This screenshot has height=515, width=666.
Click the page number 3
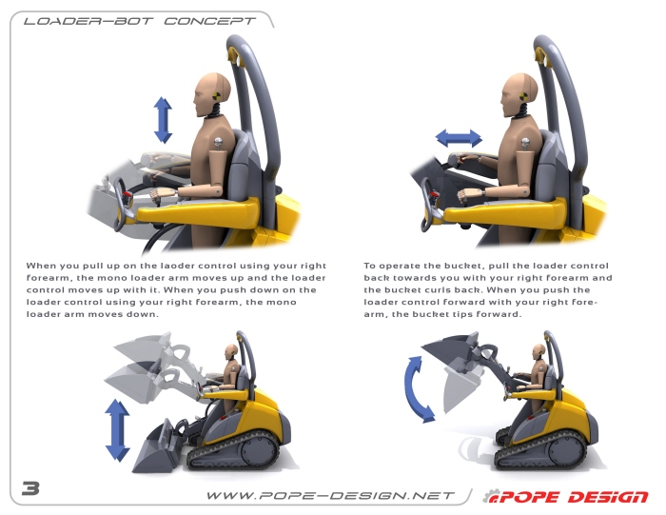(30, 488)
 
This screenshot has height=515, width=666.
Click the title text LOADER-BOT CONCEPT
(139, 19)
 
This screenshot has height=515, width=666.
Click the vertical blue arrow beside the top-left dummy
(163, 120)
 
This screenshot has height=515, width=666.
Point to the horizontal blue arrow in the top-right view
(459, 138)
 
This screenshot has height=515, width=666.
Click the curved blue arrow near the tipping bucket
(419, 387)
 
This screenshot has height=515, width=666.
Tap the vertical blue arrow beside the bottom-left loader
(117, 430)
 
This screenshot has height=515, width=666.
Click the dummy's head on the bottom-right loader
(539, 351)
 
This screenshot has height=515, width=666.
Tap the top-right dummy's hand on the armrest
(465, 196)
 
